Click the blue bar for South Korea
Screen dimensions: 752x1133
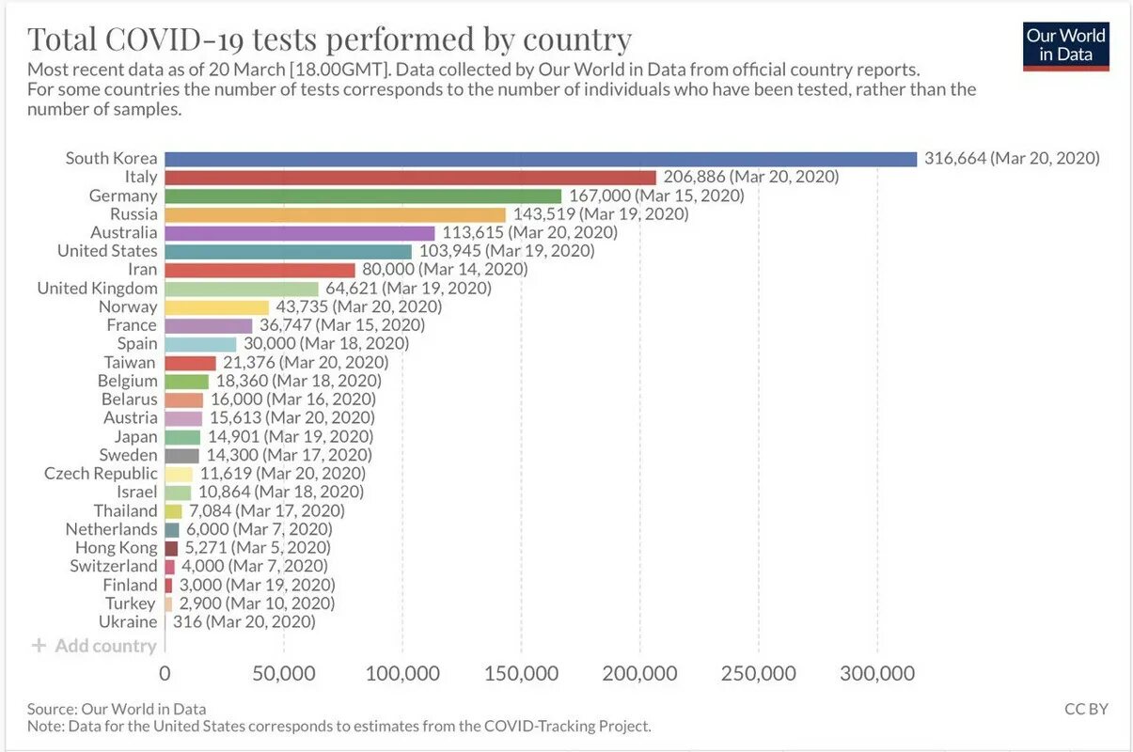tap(541, 159)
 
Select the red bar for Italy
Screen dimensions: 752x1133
tap(410, 177)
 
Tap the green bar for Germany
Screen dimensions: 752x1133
tap(363, 196)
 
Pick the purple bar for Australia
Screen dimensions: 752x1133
tap(300, 232)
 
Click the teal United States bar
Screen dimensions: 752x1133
tap(288, 251)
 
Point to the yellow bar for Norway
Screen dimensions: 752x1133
tap(217, 306)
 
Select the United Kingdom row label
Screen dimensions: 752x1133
tap(98, 288)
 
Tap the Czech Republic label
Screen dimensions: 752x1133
tap(101, 473)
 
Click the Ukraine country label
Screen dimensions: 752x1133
tap(128, 621)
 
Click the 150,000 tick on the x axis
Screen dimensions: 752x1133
tap(522, 674)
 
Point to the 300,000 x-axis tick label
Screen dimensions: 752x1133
tap(877, 674)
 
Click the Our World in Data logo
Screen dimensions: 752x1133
tap(1065, 46)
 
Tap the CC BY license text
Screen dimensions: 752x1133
tap(1086, 709)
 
